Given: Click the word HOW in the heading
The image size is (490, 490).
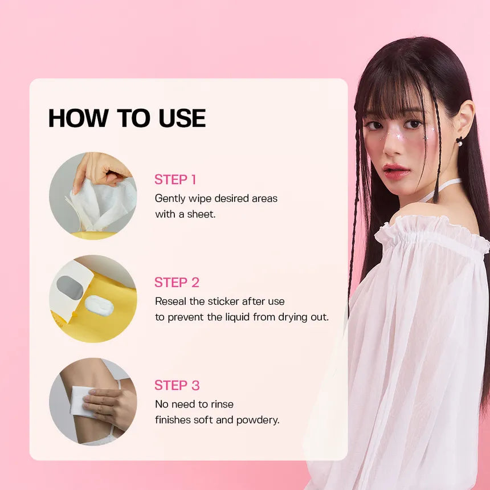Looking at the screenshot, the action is [x=78, y=118].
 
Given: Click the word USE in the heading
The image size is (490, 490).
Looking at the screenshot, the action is [x=182, y=118].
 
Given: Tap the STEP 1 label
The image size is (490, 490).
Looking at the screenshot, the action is [x=175, y=179].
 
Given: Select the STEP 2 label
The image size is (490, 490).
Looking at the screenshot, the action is [x=177, y=283].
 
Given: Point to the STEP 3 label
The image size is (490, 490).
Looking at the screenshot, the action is [x=177, y=385].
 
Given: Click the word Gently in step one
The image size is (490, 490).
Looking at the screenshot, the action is [x=170, y=199].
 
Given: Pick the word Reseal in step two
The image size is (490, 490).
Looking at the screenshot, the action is [x=170, y=301].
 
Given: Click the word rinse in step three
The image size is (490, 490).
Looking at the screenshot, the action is [x=222, y=405].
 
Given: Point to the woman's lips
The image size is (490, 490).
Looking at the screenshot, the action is [x=397, y=171].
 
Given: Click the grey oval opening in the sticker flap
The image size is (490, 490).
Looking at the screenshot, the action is [x=70, y=288].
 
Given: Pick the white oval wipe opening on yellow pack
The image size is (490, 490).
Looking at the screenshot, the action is [x=99, y=305].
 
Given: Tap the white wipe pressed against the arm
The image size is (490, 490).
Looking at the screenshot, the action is [x=82, y=401].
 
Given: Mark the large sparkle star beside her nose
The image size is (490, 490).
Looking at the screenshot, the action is [x=399, y=137].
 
